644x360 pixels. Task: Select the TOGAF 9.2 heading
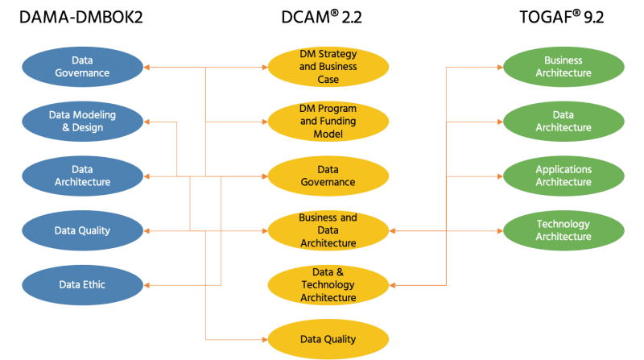[563, 17]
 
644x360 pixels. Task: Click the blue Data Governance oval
[81, 67]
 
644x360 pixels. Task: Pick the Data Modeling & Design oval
[81, 121]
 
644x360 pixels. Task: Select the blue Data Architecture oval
[81, 176]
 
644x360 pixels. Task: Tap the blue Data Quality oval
[81, 230]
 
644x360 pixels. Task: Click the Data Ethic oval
[81, 284]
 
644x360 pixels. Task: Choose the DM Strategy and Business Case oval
[328, 67]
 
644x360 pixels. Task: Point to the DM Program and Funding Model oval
[328, 121]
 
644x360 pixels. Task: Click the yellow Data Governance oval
[328, 176]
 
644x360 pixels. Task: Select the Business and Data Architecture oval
[328, 230]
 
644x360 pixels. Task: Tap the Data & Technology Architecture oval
[328, 284]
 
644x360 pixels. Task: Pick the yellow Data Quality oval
[328, 339]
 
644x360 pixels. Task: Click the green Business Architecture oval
[563, 67]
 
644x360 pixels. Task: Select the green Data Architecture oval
[563, 121]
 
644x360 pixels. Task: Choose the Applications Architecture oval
[563, 176]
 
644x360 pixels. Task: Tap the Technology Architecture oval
[563, 230]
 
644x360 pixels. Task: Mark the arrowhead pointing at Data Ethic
[147, 284]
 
